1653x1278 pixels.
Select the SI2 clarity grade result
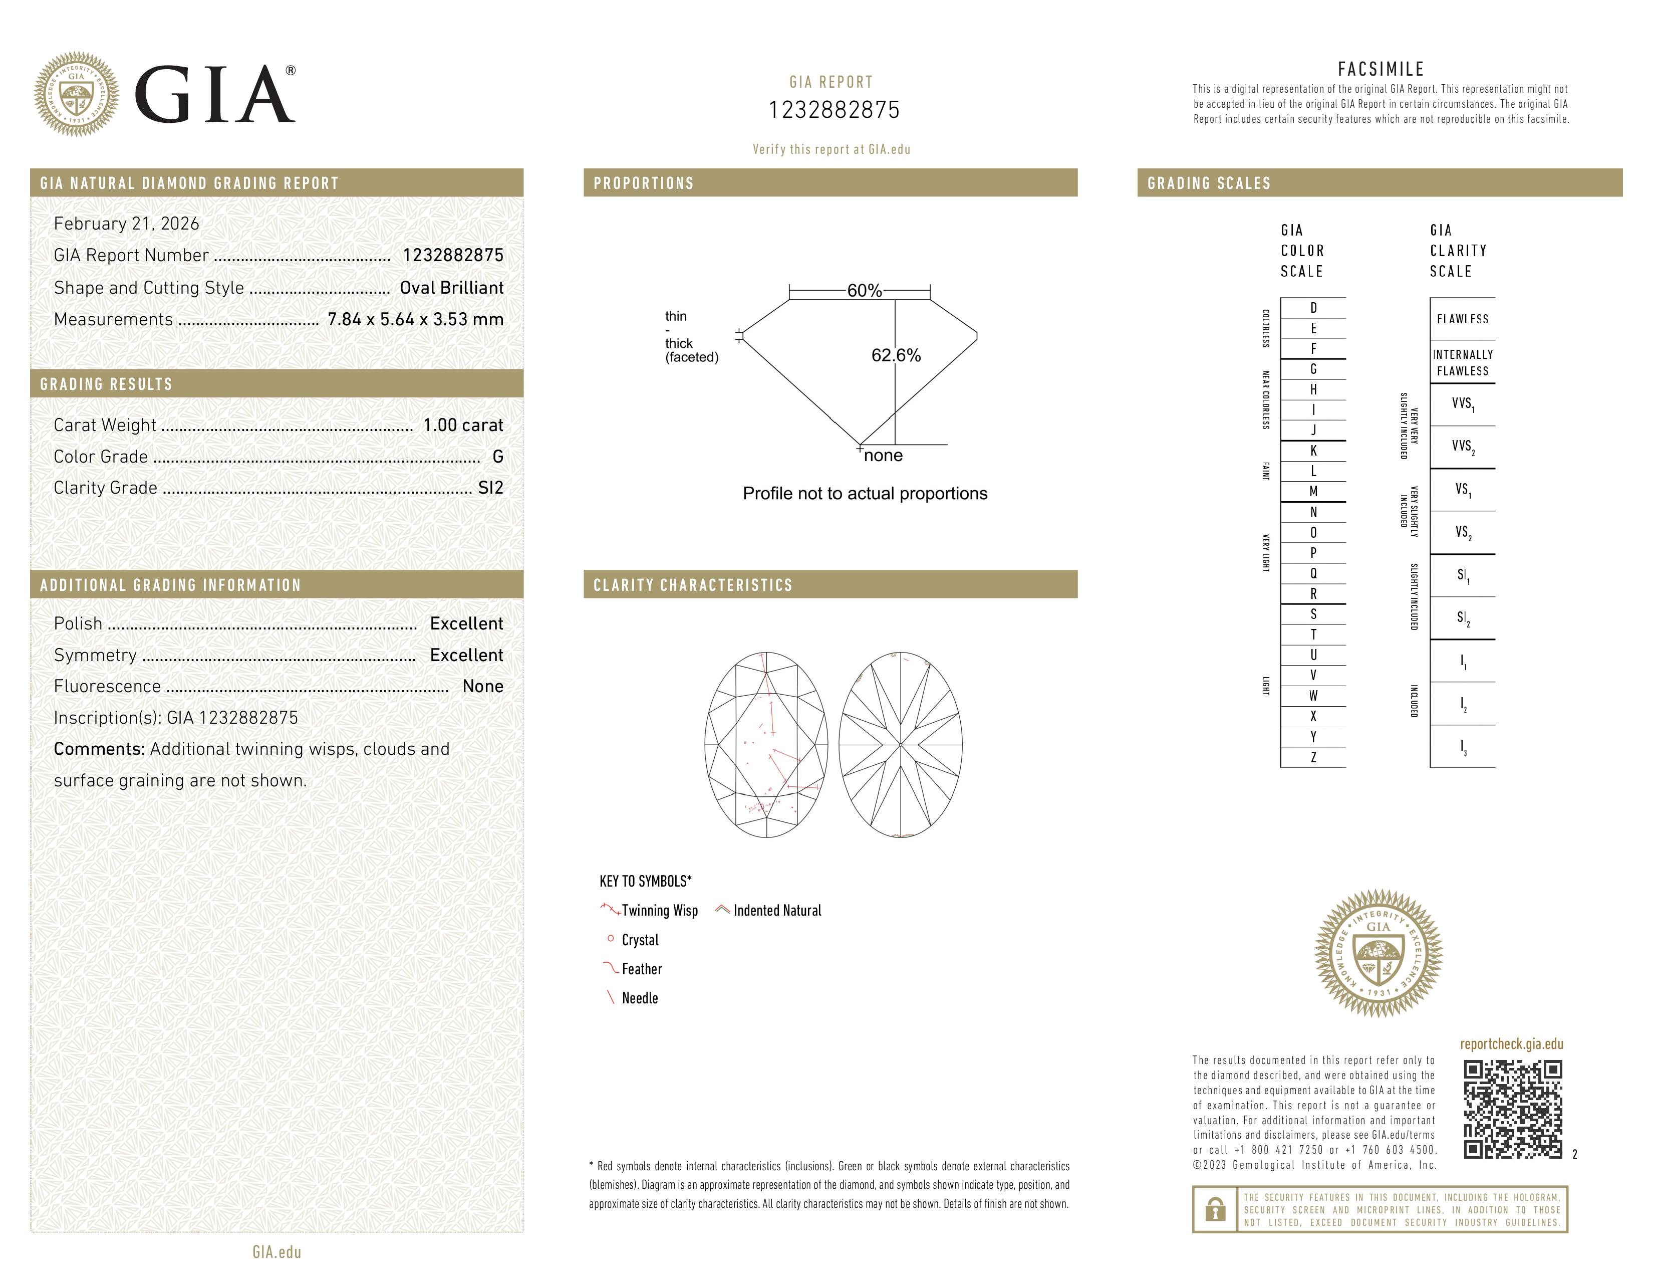click(x=490, y=488)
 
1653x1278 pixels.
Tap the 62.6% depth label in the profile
click(x=896, y=355)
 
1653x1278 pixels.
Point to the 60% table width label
click(x=864, y=291)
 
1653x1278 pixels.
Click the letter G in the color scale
click(x=1313, y=369)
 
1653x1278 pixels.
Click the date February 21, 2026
click(x=126, y=224)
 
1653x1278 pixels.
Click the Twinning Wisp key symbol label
click(x=659, y=910)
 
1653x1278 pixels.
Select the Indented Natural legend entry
click(x=776, y=910)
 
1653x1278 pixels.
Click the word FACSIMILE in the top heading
click(x=1381, y=69)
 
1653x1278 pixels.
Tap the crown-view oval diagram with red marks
click(x=766, y=744)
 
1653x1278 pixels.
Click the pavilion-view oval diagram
click(x=900, y=744)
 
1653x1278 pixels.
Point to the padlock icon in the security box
click(x=1215, y=1209)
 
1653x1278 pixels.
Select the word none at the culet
click(x=883, y=456)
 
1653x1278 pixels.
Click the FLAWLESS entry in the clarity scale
click(x=1462, y=319)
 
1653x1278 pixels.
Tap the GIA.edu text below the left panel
click(x=277, y=1251)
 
